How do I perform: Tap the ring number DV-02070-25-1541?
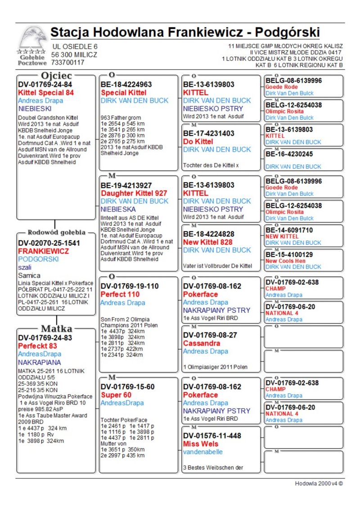pos(49,243)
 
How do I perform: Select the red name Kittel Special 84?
pos(45,93)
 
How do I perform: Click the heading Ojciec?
pos(56,75)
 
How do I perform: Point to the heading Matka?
pos(56,329)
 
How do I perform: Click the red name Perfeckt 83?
pos(37,346)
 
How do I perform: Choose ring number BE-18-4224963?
pos(126,85)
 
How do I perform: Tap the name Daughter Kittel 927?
pos(134,194)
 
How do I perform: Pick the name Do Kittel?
pos(198,141)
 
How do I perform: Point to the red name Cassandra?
pos(202,343)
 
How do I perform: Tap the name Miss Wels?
pos(200,444)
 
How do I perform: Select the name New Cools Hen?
pos(287,261)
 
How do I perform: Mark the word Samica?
pos(29,275)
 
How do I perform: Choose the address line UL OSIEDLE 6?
pos(74,47)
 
